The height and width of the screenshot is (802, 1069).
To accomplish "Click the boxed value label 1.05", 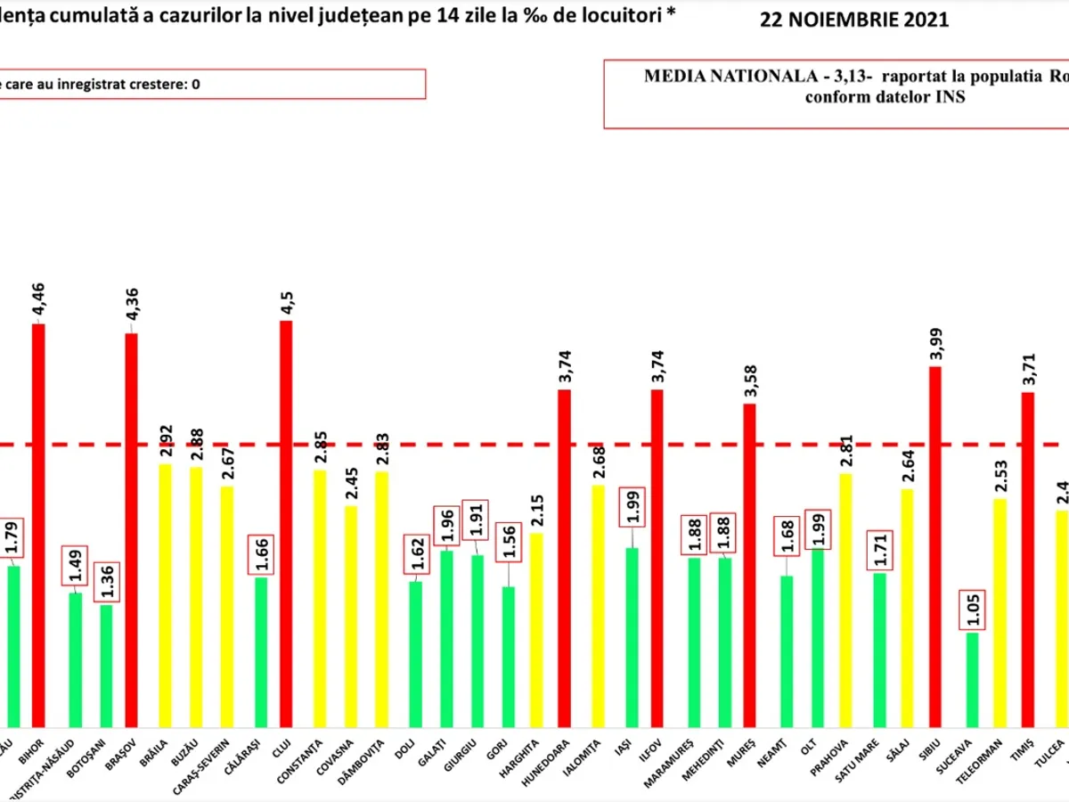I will (x=973, y=611).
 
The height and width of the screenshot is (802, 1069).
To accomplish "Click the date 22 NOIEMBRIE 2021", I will (x=854, y=20).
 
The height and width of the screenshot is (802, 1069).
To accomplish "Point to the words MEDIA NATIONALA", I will (x=704, y=77).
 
